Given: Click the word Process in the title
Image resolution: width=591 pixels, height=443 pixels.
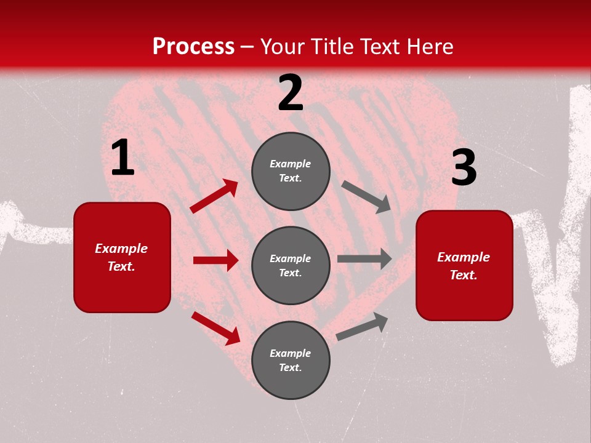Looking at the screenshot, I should point(193,47).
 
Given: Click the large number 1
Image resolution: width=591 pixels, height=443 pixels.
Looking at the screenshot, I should point(123,158).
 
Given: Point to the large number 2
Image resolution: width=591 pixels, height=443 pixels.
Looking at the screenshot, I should point(291,93).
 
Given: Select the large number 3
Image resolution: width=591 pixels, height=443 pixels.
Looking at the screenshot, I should point(464,168).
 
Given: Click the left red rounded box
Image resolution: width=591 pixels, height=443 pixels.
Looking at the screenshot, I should point(122,257).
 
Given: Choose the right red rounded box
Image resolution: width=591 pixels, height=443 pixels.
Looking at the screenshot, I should point(464,266).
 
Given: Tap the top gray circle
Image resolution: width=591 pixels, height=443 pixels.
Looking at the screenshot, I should point(291,171).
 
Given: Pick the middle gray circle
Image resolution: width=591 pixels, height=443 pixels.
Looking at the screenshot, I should point(291,266).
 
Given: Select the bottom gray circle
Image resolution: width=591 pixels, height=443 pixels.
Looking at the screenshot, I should point(291,360).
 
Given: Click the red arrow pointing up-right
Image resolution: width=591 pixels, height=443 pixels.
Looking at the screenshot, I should point(214,196).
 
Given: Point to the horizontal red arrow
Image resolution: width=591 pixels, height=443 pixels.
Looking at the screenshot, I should point(215,260).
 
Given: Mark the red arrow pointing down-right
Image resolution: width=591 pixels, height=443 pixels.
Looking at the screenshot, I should point(215,328).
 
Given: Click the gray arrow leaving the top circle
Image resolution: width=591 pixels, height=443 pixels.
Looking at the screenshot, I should point(366,197).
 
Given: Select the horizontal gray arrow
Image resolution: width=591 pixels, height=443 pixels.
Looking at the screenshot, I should point(364,259).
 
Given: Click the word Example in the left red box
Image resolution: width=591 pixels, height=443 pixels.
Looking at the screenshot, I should point(121,249).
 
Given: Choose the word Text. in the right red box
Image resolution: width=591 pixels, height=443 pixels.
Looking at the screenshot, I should point(464,275).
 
